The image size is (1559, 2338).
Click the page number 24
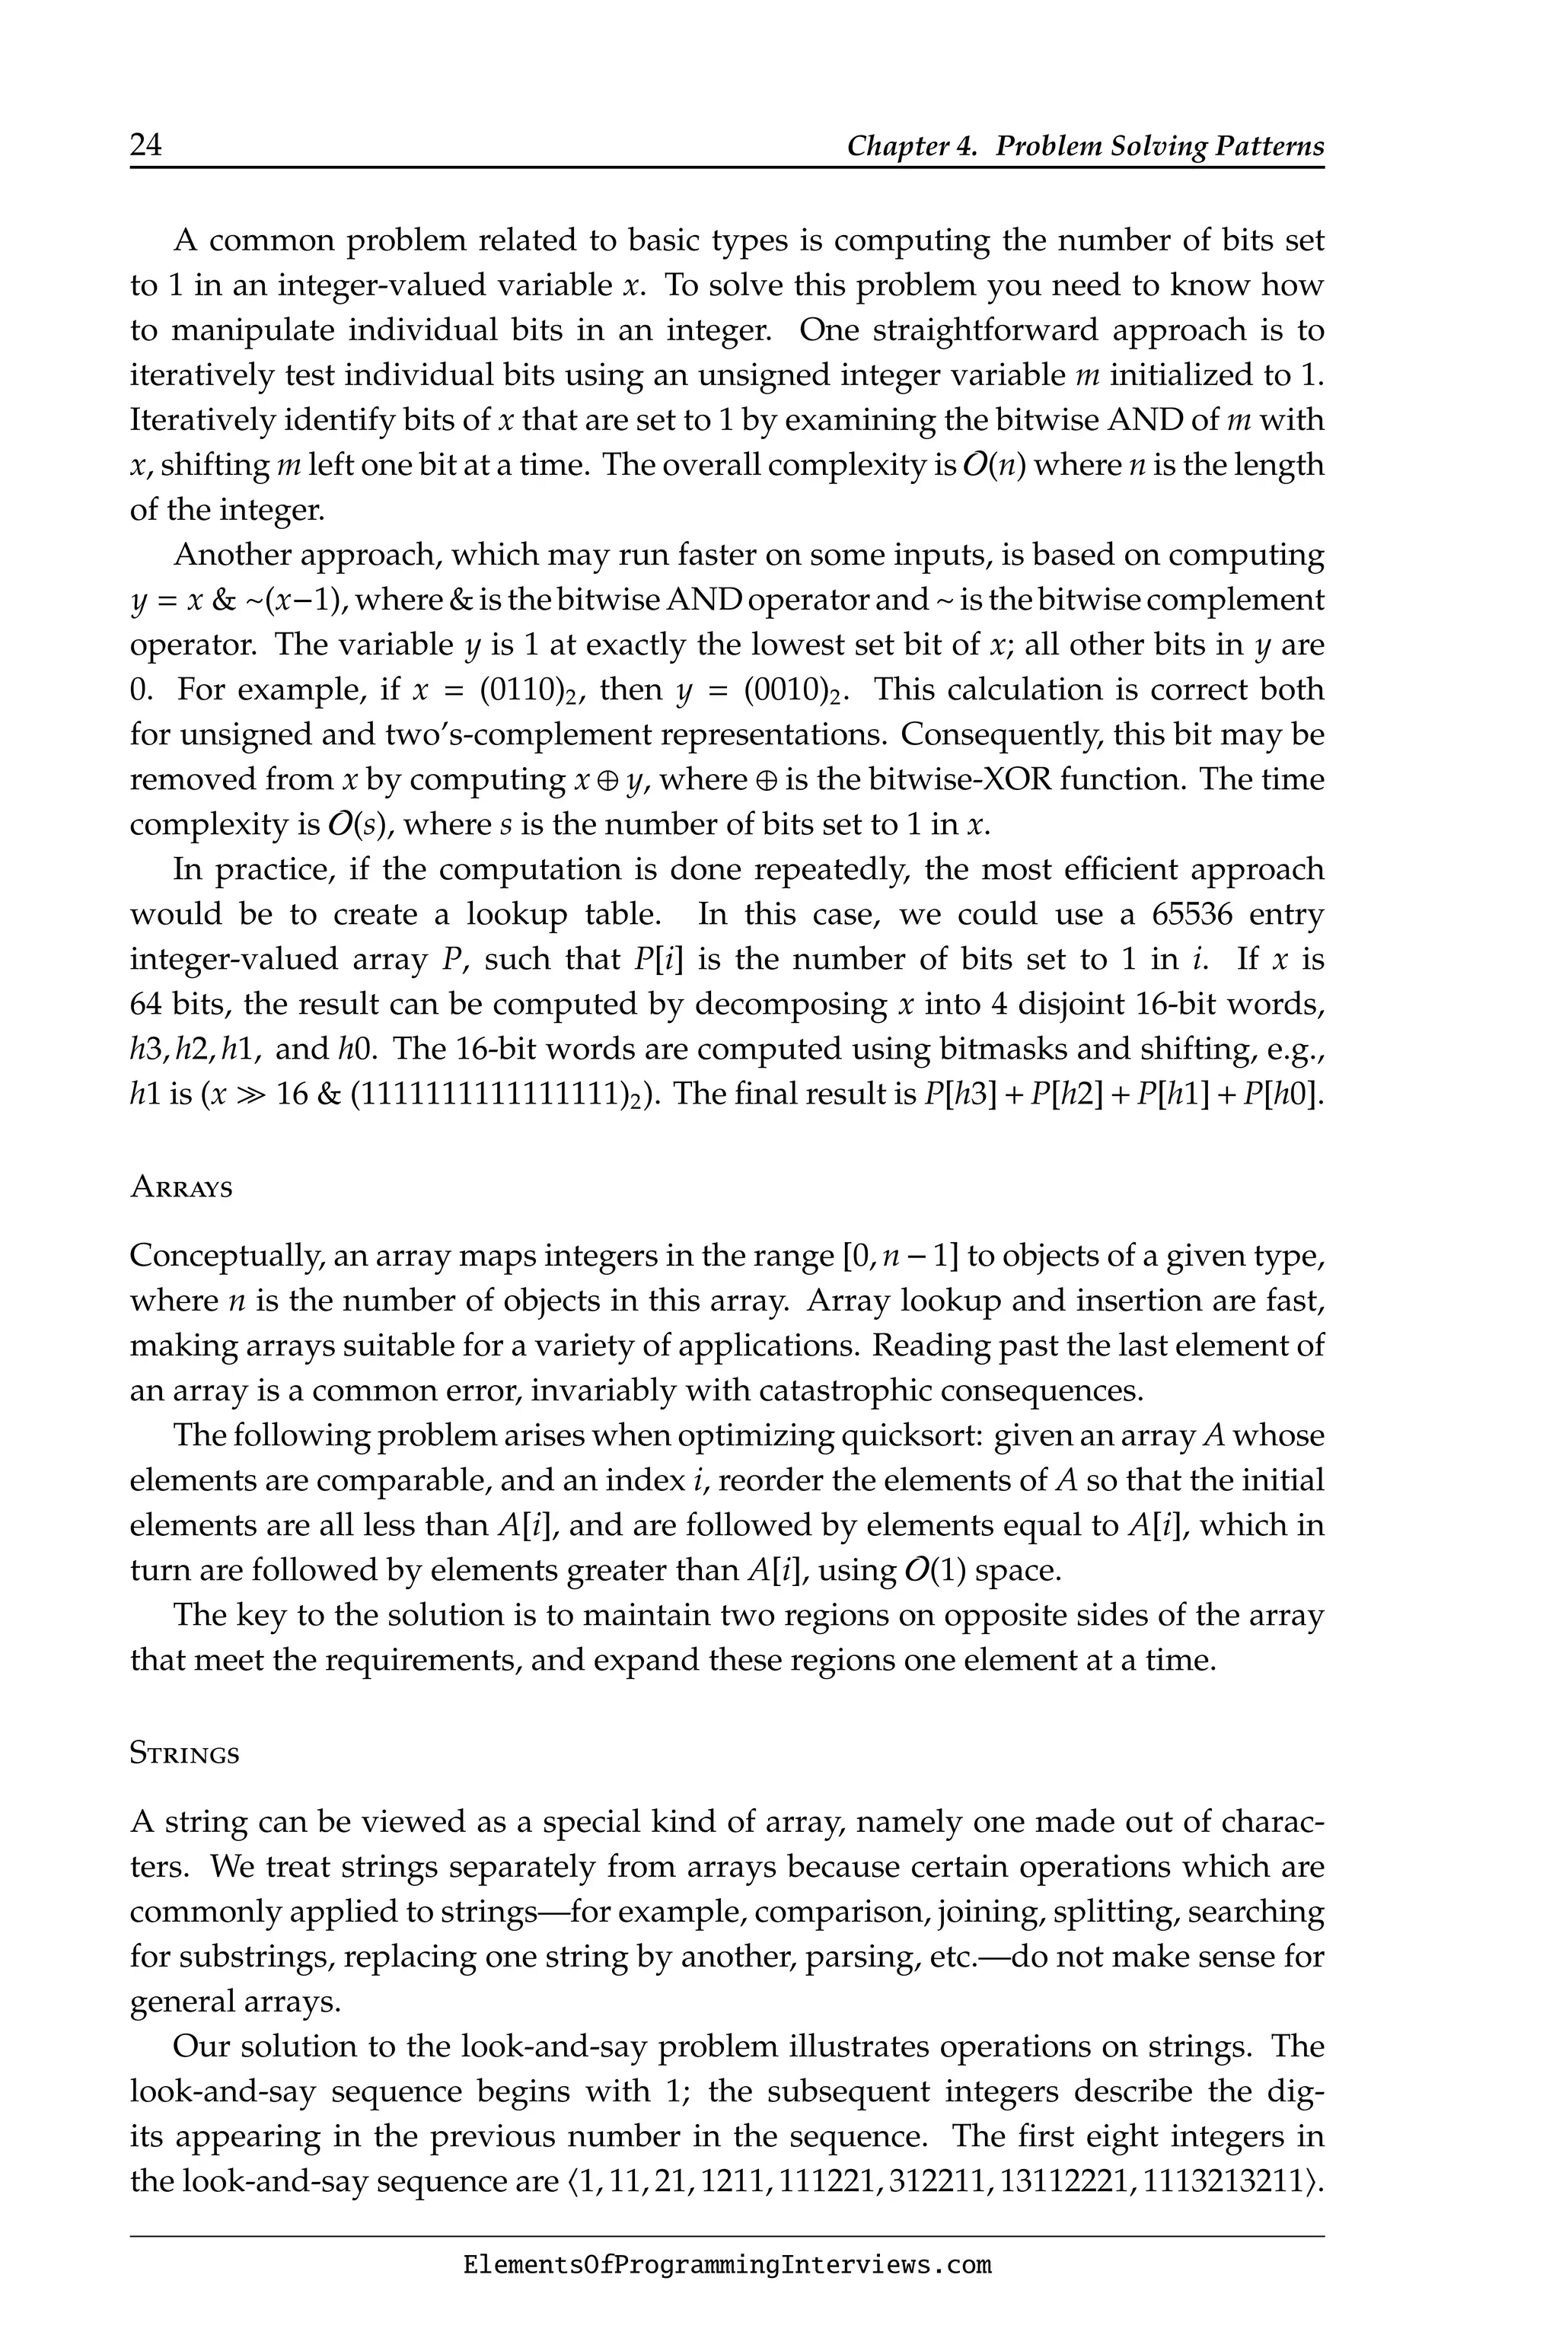[x=145, y=145]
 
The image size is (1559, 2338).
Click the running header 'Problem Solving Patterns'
[x=1159, y=146]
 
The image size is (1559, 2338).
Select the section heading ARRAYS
[x=181, y=1189]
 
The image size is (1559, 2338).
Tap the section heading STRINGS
[x=185, y=1754]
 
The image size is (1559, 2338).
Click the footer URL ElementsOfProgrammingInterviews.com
[x=727, y=2266]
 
